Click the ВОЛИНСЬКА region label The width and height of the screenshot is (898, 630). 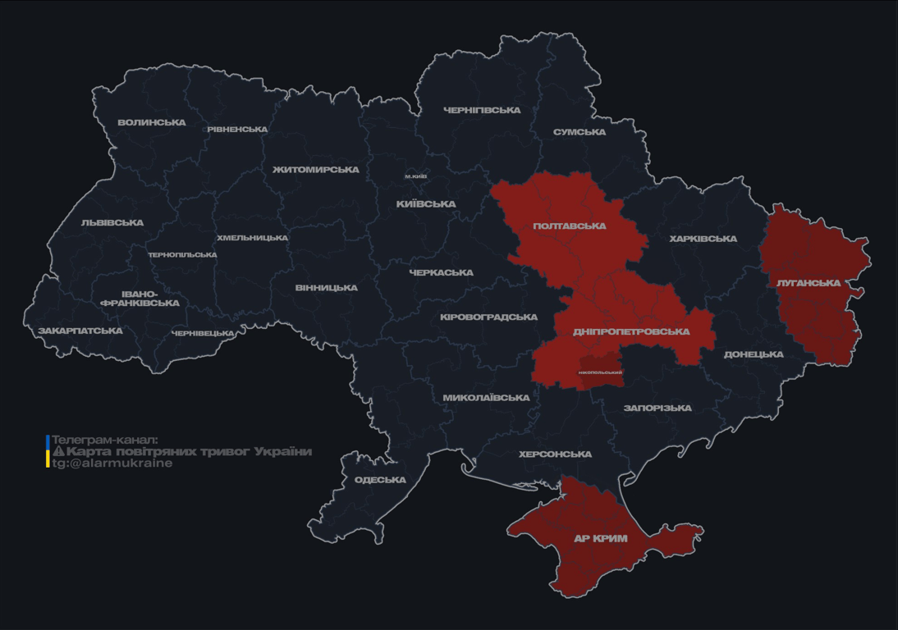[152, 123]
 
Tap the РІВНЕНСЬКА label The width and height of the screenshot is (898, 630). [237, 130]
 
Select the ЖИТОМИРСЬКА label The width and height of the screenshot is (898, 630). [316, 170]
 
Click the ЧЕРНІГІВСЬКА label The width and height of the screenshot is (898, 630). [482, 110]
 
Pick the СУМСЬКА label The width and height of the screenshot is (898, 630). [580, 132]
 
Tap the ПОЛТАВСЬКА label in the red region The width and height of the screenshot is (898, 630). [570, 226]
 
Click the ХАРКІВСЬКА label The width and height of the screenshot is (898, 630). [703, 239]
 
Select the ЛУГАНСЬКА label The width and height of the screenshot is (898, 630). [809, 283]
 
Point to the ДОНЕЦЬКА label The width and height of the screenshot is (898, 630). [754, 354]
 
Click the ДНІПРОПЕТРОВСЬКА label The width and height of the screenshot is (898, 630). [631, 332]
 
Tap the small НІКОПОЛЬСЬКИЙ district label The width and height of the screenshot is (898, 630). [600, 372]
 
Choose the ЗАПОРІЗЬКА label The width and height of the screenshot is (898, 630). [657, 408]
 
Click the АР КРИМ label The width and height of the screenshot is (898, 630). [600, 539]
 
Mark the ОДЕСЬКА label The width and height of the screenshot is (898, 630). [380, 480]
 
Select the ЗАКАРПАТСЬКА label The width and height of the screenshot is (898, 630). [80, 331]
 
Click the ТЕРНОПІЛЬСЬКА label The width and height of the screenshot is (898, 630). [182, 255]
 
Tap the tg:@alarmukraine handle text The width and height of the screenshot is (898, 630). [112, 463]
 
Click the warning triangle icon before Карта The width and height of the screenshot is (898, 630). [58, 452]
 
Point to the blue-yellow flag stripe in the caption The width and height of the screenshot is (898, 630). [48, 451]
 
